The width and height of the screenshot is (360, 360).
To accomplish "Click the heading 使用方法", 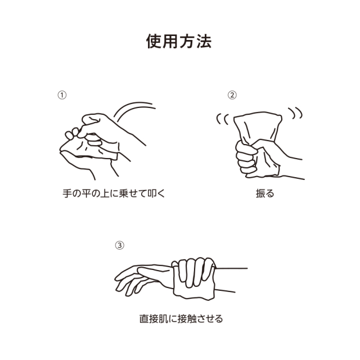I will pos(179,42).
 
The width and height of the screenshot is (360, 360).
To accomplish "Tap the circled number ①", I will pos(62,95).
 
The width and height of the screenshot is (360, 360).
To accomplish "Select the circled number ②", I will pos(232,95).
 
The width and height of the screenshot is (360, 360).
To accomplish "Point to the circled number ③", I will pos(119,245).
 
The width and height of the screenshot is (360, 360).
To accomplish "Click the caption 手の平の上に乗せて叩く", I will pos(115,193).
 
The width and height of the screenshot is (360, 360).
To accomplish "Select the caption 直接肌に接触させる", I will pos(181,318).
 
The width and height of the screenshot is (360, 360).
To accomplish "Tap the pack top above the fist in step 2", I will pos(258,125).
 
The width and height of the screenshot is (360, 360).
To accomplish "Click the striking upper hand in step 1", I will pos(104,127).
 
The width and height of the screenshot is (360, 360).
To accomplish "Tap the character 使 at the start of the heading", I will pos(155,42).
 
